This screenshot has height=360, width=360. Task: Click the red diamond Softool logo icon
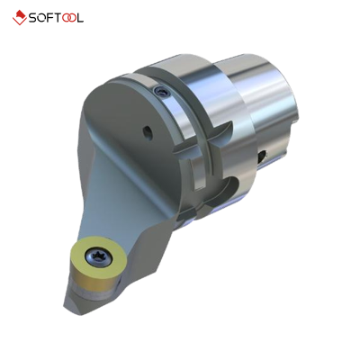coord(19,18)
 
